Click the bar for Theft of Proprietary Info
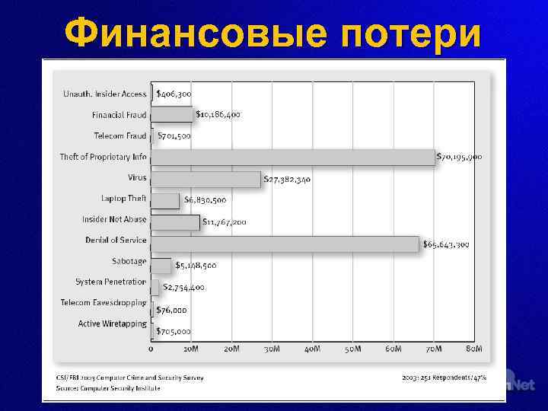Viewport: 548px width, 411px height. click(293, 157)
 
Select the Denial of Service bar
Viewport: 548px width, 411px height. click(285, 244)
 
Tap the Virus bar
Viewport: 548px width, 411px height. click(205, 179)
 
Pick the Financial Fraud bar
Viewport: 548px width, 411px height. click(172, 114)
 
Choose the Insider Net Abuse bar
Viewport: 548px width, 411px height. click(175, 221)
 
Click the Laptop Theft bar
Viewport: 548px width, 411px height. click(165, 200)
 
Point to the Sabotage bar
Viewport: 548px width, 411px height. click(161, 265)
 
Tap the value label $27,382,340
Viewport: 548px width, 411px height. click(287, 180)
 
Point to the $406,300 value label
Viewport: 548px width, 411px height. click(174, 93)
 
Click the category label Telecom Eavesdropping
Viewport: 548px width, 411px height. click(103, 302)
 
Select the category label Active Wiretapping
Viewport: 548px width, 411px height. click(113, 323)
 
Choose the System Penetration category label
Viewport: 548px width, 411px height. click(110, 282)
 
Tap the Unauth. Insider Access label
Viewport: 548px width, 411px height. click(104, 94)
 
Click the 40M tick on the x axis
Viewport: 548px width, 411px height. click(312, 349)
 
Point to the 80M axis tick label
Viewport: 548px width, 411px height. click(474, 349)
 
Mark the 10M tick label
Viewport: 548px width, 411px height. click(191, 349)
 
